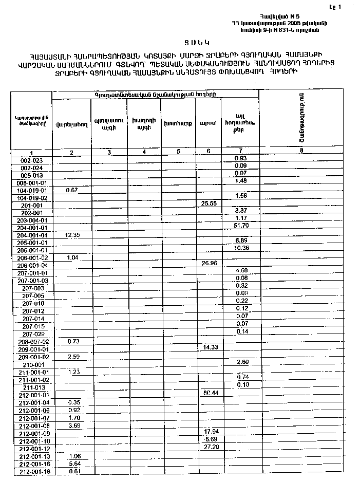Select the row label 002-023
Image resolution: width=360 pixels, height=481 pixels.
(31, 160)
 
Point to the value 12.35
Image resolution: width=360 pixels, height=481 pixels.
(71, 235)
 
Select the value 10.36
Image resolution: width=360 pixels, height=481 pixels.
(241, 249)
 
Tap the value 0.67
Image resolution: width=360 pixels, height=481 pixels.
(71, 190)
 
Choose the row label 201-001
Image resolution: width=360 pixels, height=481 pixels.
(32, 205)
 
